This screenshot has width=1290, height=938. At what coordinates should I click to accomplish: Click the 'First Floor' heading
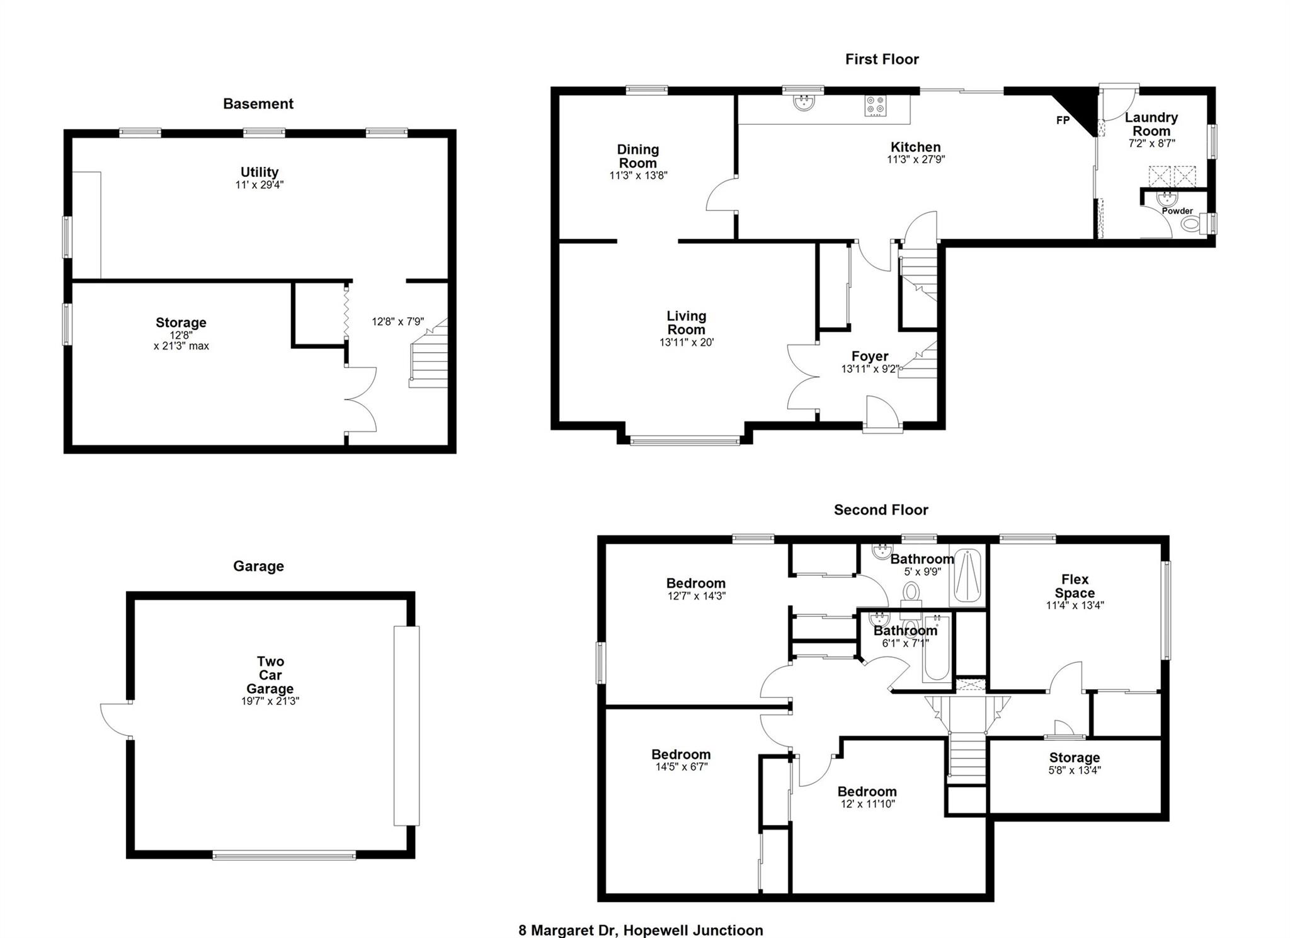[x=882, y=59]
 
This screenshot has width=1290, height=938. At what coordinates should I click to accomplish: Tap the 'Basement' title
[x=258, y=104]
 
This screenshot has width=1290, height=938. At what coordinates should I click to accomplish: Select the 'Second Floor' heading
[x=881, y=510]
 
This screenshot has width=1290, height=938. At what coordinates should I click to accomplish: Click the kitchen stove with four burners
[x=876, y=105]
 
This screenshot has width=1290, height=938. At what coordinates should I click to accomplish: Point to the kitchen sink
[x=804, y=103]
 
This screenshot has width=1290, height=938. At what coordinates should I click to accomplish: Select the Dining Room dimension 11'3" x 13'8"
[x=638, y=176]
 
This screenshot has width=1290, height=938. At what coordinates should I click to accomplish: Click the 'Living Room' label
[x=687, y=323]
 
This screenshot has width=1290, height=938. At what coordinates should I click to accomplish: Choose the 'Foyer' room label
[x=870, y=357]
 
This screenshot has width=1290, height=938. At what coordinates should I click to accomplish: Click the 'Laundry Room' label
[x=1151, y=124]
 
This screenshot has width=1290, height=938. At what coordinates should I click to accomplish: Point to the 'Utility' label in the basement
[x=260, y=172]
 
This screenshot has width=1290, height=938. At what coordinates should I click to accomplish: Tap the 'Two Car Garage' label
[x=270, y=675]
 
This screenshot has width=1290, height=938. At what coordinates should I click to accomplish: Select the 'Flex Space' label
[x=1075, y=586]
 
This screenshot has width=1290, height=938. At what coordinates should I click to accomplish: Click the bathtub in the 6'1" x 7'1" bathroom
[x=937, y=649]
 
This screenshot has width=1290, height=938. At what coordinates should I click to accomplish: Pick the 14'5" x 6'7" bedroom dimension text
[x=682, y=767]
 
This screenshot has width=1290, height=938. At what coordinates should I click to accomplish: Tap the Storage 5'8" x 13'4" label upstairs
[x=1075, y=764]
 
